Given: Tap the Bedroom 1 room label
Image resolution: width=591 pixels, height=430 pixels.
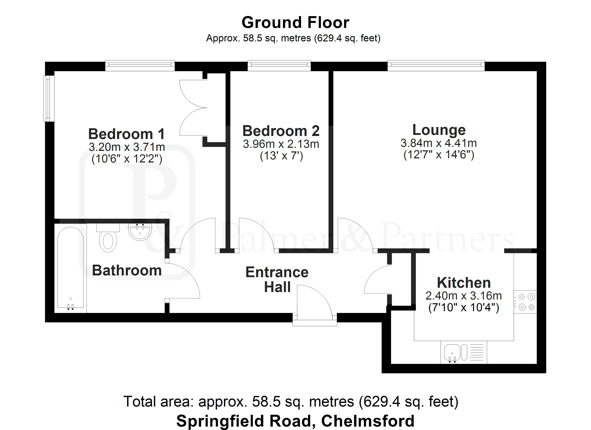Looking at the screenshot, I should coord(127,134).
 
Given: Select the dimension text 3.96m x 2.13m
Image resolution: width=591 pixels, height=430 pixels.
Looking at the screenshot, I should coord(281,144).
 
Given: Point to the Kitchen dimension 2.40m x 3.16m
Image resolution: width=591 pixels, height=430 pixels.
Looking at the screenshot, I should coord(463,296).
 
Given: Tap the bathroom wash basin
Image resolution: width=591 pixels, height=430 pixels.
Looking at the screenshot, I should coord(140,232).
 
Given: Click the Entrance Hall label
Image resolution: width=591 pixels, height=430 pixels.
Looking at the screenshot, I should coord(277,279).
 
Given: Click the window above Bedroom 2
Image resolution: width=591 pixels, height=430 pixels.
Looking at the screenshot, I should coord(279,65).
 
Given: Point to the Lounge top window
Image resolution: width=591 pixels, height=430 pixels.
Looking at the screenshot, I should coord(436,65).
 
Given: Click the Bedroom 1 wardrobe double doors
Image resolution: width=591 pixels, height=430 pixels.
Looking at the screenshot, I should coord(193,107).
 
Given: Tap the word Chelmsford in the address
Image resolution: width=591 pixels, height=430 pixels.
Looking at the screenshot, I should coord(368,421).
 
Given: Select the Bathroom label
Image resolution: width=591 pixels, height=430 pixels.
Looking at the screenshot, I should coord(127,270).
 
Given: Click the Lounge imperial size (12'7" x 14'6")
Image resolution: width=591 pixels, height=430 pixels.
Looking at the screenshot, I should coord(439,155).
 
